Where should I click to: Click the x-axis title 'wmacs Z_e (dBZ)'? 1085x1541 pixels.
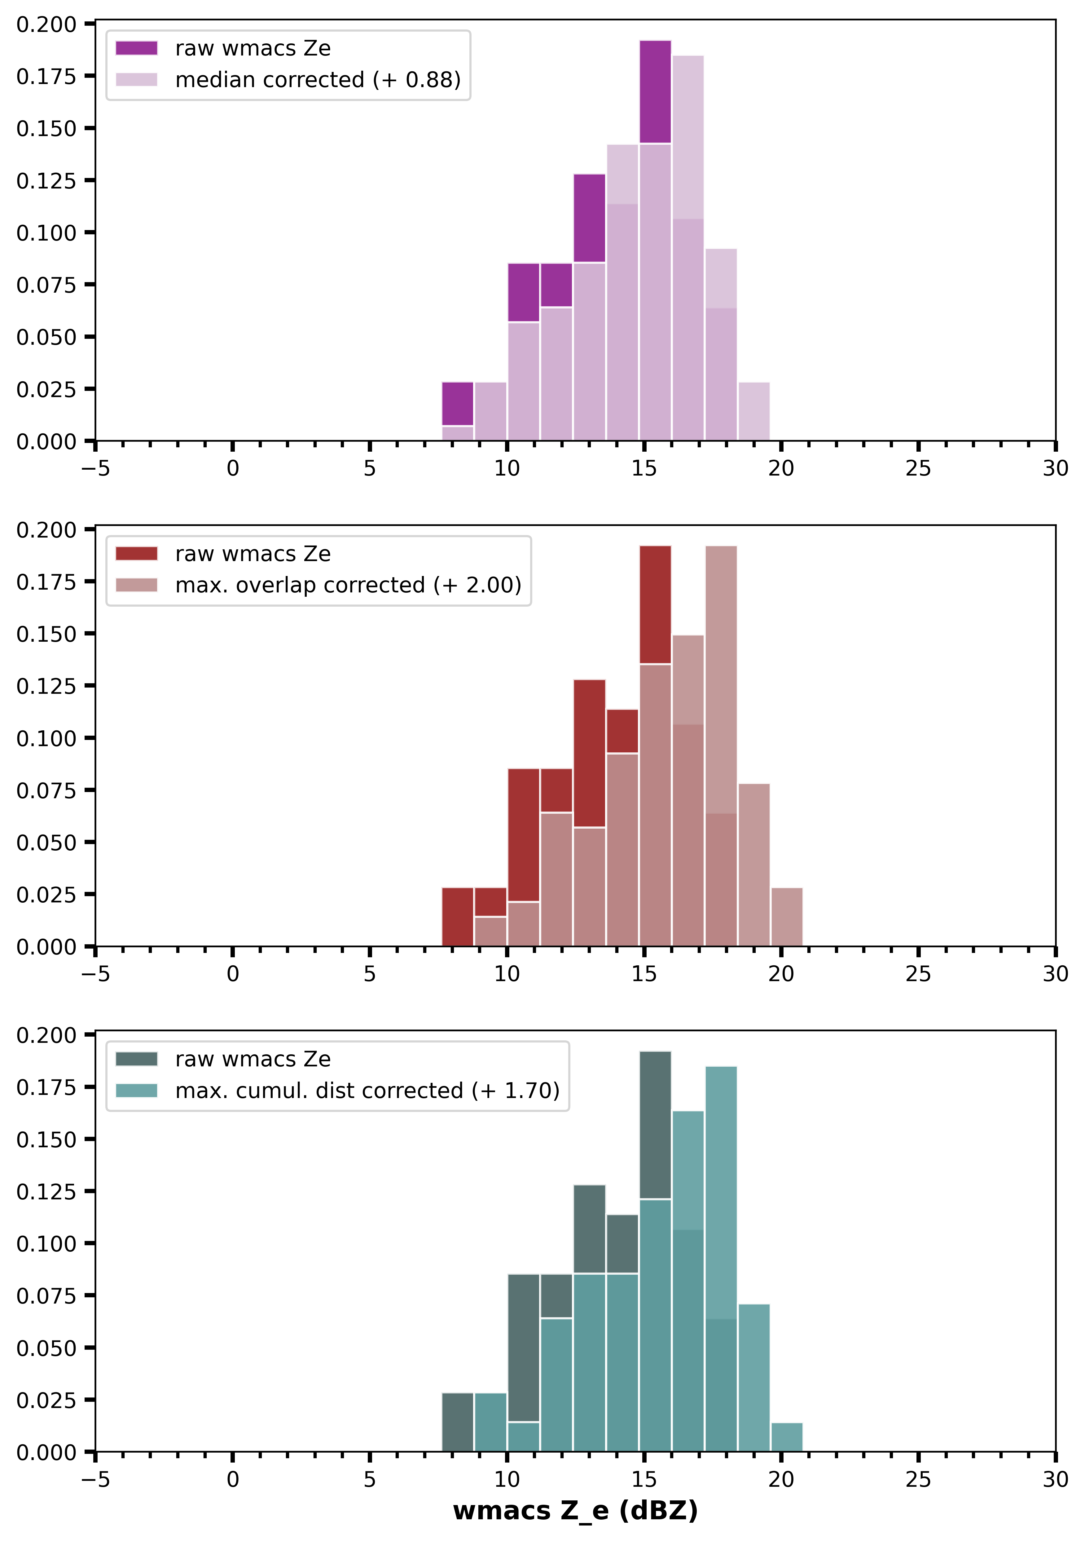click(575, 1511)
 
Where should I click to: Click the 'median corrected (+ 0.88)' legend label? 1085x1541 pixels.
click(317, 80)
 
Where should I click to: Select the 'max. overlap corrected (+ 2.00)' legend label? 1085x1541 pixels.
click(348, 585)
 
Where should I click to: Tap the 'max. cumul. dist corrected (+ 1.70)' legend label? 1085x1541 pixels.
click(367, 1091)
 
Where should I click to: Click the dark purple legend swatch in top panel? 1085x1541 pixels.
click(136, 48)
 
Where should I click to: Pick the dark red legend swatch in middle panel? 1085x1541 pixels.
click(136, 554)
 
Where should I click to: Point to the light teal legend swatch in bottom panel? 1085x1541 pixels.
click(136, 1091)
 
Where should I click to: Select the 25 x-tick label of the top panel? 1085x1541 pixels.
click(918, 468)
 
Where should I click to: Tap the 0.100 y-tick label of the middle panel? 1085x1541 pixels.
click(46, 738)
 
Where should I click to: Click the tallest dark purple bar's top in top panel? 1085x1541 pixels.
click(655, 42)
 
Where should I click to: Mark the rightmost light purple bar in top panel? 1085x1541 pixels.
click(753, 411)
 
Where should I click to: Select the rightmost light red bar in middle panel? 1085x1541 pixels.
click(786, 917)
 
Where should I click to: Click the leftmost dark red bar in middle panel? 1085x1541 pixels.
click(458, 917)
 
